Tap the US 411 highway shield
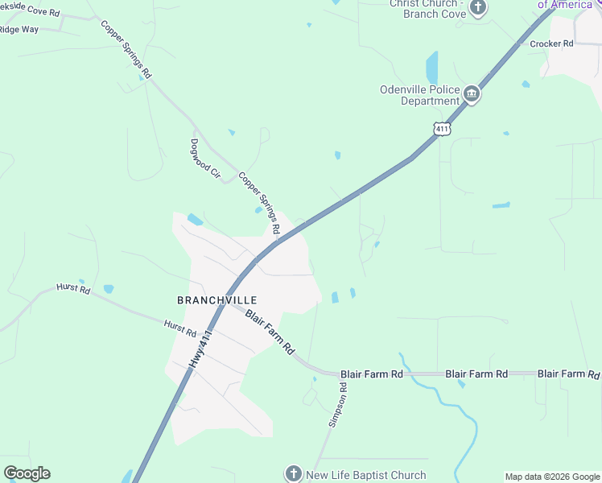pyautogui.click(x=441, y=128)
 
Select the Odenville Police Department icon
pyautogui.click(x=472, y=96)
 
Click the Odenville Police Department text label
pyautogui.click(x=419, y=95)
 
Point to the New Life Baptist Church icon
pyautogui.click(x=295, y=474)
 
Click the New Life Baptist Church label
pyautogui.click(x=365, y=475)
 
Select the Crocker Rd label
pyautogui.click(x=551, y=43)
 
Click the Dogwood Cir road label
pyautogui.click(x=204, y=158)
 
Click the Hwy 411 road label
pyautogui.click(x=201, y=349)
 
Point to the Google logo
pyautogui.click(x=27, y=473)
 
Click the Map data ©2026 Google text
pyautogui.click(x=552, y=477)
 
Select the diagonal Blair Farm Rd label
pyautogui.click(x=270, y=332)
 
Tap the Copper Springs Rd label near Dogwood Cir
pyautogui.click(x=258, y=204)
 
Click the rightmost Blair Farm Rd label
pyautogui.click(x=568, y=374)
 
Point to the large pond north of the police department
pyautogui.click(x=432, y=67)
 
